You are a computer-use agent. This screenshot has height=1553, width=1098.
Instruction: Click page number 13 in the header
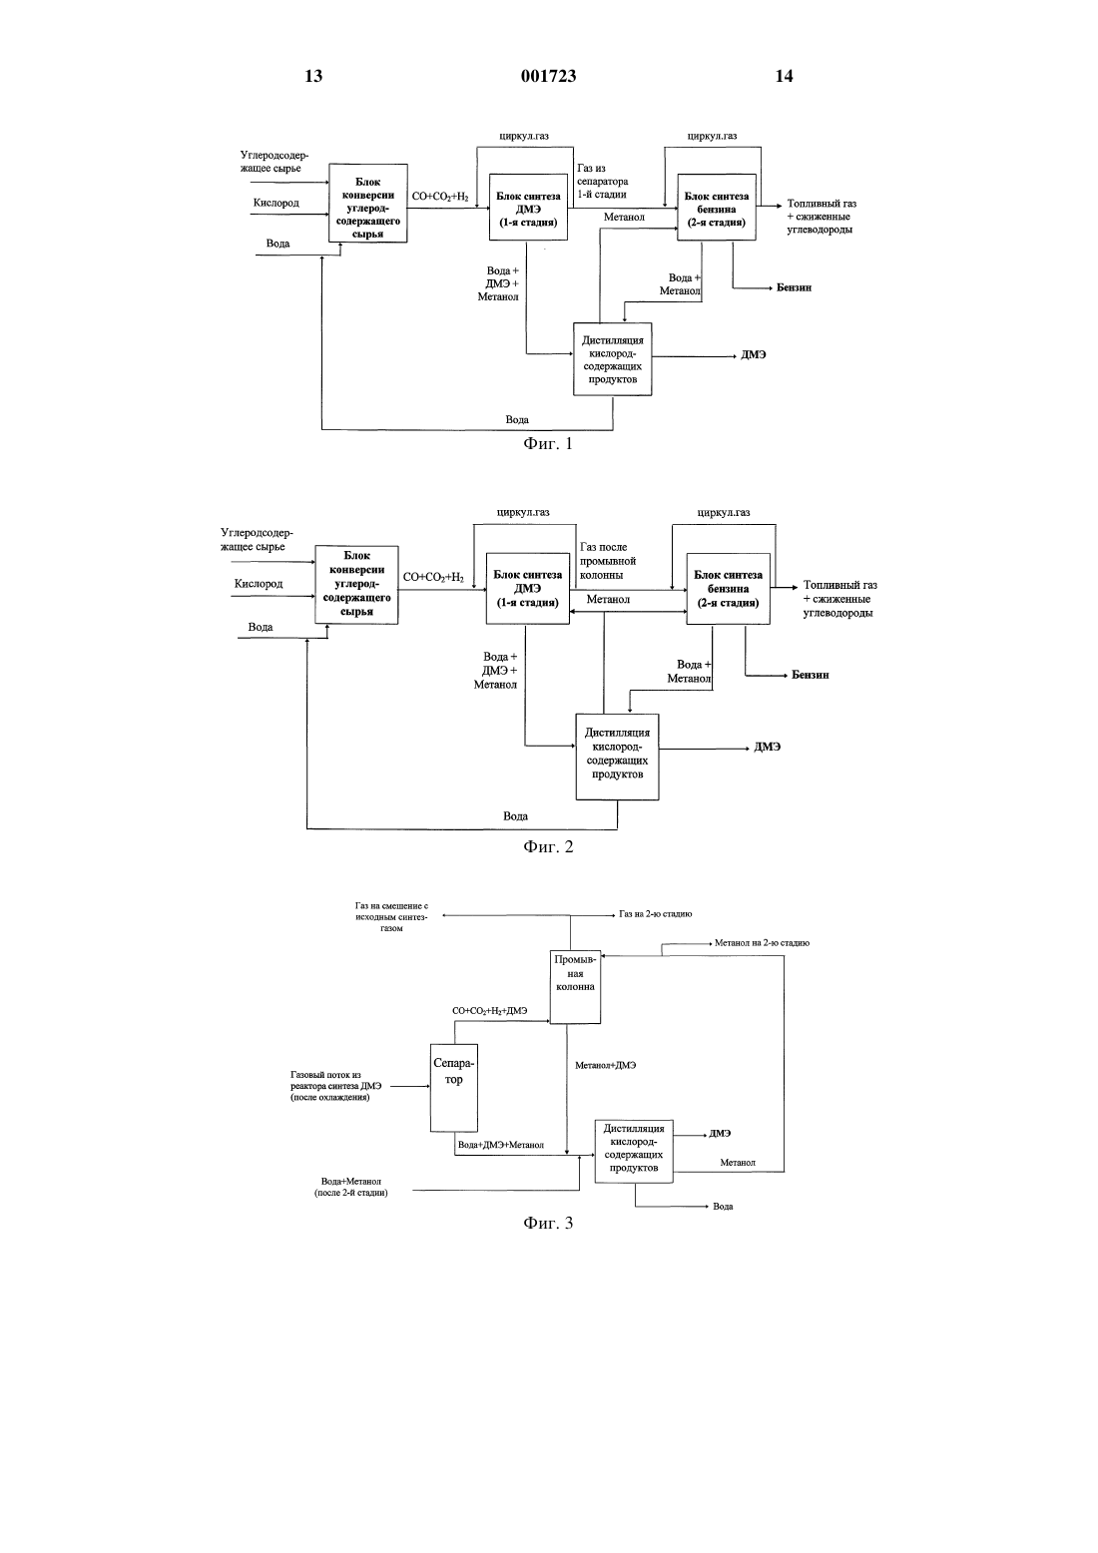coord(313,76)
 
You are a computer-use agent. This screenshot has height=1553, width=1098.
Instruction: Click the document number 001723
coord(548,76)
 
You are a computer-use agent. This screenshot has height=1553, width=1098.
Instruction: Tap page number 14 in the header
coord(784,76)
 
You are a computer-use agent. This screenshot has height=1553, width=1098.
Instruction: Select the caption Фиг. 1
coord(548,444)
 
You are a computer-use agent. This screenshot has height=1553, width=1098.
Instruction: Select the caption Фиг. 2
coord(548,846)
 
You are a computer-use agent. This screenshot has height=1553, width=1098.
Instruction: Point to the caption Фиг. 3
coord(548,1223)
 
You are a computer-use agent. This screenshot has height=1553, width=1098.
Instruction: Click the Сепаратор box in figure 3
coord(454,1088)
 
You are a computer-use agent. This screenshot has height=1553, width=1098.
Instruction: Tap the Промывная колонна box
coord(575,986)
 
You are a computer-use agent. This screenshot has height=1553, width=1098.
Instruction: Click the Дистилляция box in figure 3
coord(634,1152)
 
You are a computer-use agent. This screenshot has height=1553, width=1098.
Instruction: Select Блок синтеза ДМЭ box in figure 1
coord(528,208)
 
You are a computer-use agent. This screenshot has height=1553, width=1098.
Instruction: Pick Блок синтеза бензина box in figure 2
coord(728,589)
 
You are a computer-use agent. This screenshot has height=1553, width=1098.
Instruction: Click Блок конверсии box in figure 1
coord(368,204)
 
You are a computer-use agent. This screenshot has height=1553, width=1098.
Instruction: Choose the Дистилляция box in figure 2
coord(618,758)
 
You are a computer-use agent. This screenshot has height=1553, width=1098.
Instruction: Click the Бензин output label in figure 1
coord(794,287)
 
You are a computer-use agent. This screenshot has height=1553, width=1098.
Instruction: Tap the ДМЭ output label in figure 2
coord(768,748)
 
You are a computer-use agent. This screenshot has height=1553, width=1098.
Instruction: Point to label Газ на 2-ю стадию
coord(655,914)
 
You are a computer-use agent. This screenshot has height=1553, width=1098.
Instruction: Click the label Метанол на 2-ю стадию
coord(762,943)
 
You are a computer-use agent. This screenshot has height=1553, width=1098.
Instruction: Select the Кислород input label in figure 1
coord(275,204)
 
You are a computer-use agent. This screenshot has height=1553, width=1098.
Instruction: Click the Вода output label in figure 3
coord(723,1207)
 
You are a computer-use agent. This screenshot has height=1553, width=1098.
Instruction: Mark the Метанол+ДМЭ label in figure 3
coord(605,1065)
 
